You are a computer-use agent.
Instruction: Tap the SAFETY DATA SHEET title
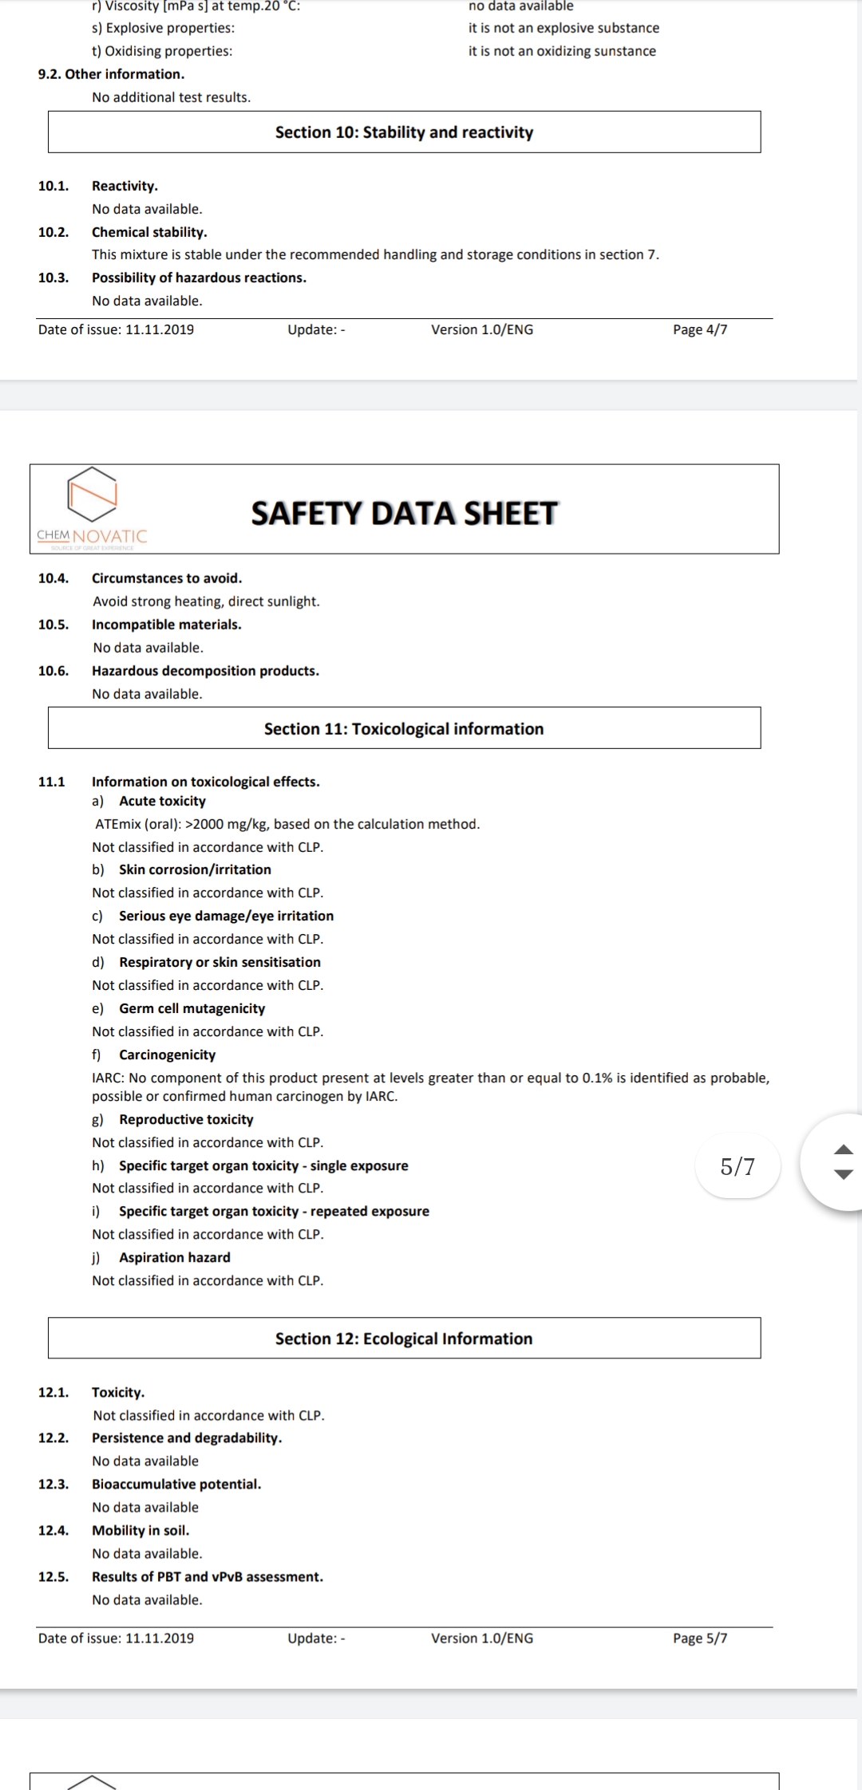click(404, 513)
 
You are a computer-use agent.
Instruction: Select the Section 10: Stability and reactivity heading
click(404, 132)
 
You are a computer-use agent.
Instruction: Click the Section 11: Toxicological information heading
click(404, 728)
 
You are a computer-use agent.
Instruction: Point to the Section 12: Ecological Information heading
click(404, 1339)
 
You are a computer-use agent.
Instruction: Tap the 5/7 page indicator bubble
click(737, 1166)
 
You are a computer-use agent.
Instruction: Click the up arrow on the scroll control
click(844, 1149)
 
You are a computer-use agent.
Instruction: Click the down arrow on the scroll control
click(844, 1174)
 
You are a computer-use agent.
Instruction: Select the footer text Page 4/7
click(700, 329)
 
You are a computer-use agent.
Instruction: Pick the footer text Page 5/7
click(700, 1638)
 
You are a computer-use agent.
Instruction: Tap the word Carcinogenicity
click(168, 1055)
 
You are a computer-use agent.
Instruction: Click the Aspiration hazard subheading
click(175, 1257)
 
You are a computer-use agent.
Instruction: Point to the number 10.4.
click(53, 578)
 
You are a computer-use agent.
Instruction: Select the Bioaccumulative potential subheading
click(176, 1484)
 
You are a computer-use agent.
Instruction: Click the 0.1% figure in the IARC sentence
click(597, 1078)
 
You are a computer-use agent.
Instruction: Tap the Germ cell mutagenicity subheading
click(192, 1008)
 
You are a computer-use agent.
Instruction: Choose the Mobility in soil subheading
click(140, 1530)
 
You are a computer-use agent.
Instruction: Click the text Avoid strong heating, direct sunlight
click(206, 601)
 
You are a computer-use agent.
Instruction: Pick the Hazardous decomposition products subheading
click(205, 671)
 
